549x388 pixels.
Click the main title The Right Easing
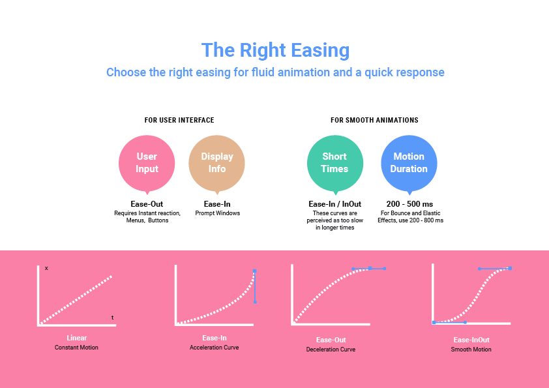tap(275, 50)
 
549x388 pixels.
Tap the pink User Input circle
tap(147, 163)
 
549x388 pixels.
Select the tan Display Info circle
tap(216, 163)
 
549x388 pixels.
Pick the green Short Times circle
tap(335, 163)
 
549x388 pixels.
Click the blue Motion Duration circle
tap(409, 163)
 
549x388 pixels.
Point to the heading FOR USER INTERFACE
tap(179, 120)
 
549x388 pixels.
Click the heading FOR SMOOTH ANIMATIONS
tap(374, 120)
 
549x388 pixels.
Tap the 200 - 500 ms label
tap(409, 204)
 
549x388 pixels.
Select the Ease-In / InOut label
tap(334, 204)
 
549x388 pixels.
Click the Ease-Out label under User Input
tap(147, 204)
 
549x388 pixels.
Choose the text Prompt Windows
tap(217, 213)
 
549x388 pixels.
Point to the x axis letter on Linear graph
tap(46, 268)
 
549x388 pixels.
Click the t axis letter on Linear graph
tap(112, 318)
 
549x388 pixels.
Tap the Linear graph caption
tap(77, 338)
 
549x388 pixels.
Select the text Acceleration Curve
tap(215, 348)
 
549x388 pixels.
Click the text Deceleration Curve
tap(331, 350)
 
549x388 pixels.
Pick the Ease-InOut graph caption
tap(471, 340)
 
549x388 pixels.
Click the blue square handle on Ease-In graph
tap(254, 271)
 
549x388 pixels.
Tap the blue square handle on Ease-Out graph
tap(370, 268)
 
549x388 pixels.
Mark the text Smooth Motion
tap(471, 350)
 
